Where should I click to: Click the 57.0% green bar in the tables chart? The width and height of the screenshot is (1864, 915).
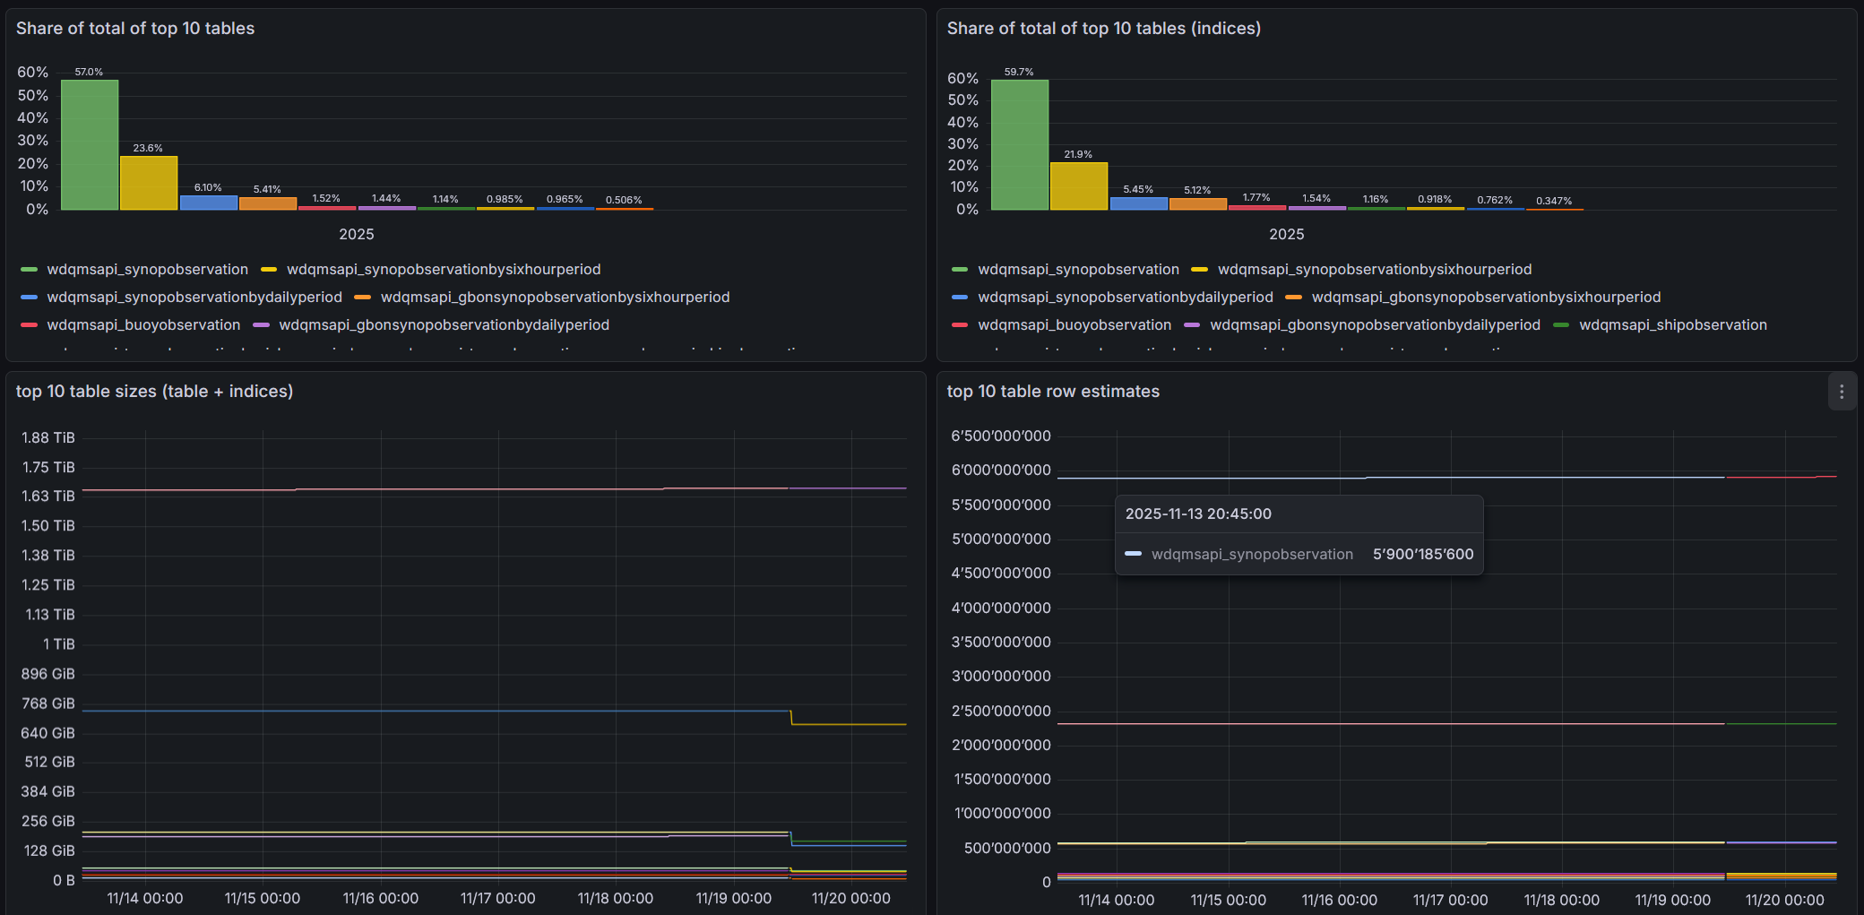90,144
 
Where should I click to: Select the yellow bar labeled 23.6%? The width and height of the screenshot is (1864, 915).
149,183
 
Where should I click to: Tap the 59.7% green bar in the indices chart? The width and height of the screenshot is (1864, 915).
1020,144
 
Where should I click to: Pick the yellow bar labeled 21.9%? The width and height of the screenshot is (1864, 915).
1079,186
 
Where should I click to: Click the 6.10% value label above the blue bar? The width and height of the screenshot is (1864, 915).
208,187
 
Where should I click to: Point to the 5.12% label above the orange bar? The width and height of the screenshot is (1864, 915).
1197,190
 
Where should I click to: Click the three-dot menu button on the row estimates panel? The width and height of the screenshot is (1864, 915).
1842,392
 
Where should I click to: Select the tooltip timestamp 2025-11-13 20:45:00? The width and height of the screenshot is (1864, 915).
1198,514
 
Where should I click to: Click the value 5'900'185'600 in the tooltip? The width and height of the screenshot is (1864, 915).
1423,554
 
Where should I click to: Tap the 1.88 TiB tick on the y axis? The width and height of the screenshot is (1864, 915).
48,437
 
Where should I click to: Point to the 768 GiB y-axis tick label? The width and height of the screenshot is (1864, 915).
48,704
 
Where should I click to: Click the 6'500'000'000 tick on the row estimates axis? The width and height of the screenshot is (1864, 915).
1001,436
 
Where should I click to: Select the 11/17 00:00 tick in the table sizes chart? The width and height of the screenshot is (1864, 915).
498,898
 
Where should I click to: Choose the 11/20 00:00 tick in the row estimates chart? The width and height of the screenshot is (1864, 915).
1785,900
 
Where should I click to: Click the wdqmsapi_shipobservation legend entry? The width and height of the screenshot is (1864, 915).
1672,324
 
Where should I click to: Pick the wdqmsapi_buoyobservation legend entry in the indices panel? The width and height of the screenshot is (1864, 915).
1074,324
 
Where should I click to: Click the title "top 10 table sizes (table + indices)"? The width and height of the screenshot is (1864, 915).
154,391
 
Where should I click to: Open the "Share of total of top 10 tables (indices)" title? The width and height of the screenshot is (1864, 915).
1104,28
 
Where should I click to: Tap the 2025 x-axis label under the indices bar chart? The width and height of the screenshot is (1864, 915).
1287,234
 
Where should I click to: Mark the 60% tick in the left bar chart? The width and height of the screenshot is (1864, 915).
33,72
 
